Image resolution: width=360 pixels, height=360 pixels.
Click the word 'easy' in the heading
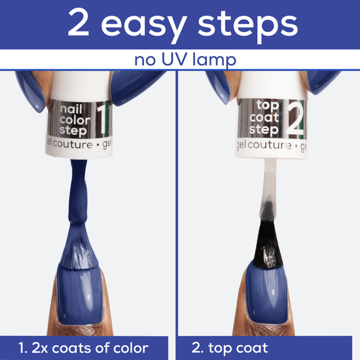[x=144, y=26]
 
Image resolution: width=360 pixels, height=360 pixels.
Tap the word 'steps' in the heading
[x=247, y=26]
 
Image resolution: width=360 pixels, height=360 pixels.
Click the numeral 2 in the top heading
[x=79, y=22]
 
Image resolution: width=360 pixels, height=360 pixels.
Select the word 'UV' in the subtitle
[x=175, y=59]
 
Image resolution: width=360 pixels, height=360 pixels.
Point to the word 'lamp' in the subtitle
[x=214, y=60]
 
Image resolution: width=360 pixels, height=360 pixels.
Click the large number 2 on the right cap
[x=295, y=119]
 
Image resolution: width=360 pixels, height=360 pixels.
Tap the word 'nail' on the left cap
[x=71, y=109]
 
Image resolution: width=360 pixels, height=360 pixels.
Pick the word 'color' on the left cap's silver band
[x=75, y=120]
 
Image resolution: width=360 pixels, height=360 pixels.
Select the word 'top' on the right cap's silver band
[x=268, y=106]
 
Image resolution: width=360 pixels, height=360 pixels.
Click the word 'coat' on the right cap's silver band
[x=264, y=118]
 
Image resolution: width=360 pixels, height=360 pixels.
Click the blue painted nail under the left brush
[x=79, y=295]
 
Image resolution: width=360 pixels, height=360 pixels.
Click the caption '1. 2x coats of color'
[x=83, y=348]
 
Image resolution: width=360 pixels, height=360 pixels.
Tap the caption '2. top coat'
[x=230, y=348]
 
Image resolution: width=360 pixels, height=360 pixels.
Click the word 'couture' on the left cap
[x=73, y=145]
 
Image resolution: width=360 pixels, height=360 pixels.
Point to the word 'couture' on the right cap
[x=270, y=145]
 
